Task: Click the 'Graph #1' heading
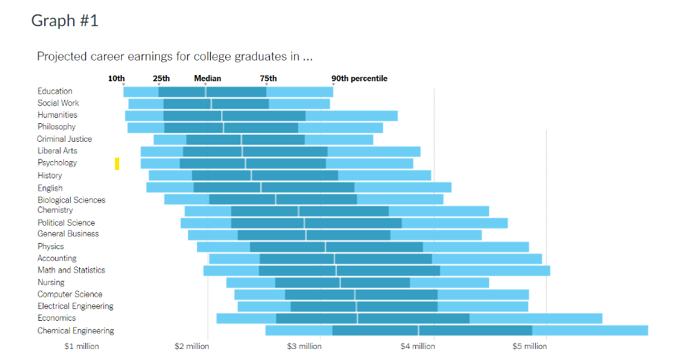tap(65, 21)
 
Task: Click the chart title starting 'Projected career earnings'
tap(174, 56)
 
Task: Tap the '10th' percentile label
tap(116, 78)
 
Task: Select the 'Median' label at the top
tap(207, 78)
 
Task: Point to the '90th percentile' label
tap(359, 78)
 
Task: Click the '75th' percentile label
tap(268, 78)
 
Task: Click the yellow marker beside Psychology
tap(117, 164)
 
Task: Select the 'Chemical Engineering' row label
tap(76, 331)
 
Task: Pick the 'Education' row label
tap(55, 91)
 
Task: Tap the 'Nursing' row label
tap(51, 282)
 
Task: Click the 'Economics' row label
tap(56, 318)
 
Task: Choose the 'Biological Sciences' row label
tap(72, 200)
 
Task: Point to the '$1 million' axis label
tap(81, 346)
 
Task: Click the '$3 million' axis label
tap(304, 346)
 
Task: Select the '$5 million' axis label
tap(530, 346)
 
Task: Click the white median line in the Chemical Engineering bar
tap(418, 330)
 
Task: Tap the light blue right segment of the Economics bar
tap(535, 318)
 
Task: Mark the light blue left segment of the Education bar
tap(141, 92)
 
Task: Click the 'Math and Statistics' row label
tap(72, 271)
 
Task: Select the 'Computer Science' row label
tap(70, 295)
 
